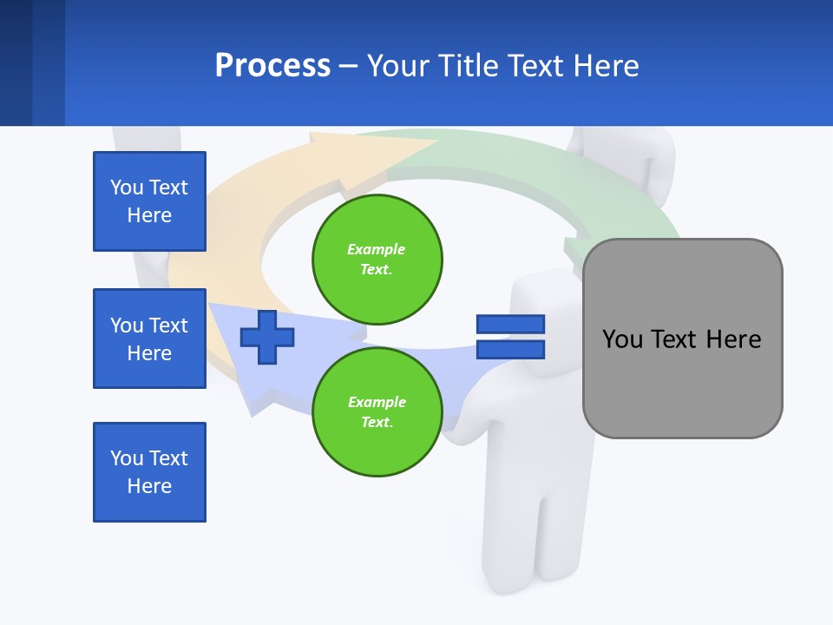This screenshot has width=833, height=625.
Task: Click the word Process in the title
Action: tap(272, 66)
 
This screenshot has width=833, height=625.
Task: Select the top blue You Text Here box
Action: tap(149, 201)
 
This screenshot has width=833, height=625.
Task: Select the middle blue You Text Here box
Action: tap(149, 339)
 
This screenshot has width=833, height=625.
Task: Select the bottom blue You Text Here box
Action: tap(149, 472)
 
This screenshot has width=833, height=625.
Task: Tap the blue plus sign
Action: tap(267, 337)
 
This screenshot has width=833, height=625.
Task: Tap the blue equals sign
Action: tap(510, 337)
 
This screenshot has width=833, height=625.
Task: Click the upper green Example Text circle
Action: tap(377, 259)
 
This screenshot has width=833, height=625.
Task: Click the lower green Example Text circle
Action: tap(377, 412)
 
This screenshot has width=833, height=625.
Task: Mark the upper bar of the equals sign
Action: tap(510, 324)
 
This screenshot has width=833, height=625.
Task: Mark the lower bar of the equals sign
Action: tap(510, 350)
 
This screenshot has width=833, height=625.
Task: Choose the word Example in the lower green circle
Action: tap(377, 402)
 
